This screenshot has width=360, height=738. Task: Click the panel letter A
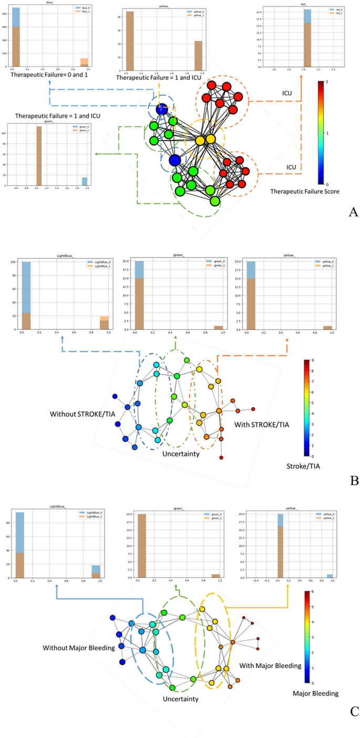pos(353,212)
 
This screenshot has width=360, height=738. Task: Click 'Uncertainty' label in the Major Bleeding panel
pos(180,699)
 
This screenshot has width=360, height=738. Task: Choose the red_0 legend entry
pos(333,10)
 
